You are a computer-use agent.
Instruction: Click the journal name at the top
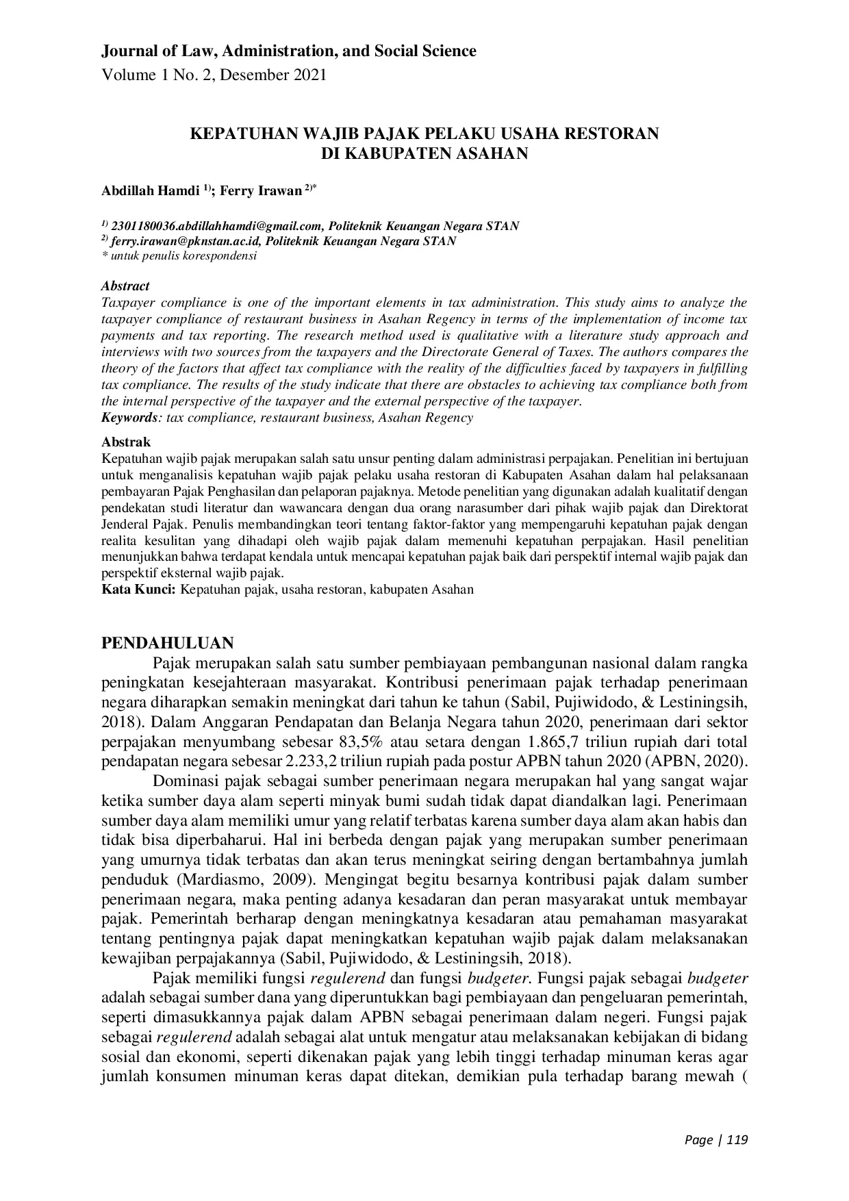288,51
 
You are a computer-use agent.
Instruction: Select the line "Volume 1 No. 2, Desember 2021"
214,75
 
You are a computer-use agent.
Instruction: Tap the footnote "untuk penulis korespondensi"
183,256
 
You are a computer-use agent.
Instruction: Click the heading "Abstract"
125,286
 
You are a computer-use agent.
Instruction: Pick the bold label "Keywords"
129,418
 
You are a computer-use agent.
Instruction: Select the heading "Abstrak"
125,442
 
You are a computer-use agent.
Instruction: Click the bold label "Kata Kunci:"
138,589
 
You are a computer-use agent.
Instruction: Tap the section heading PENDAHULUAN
168,642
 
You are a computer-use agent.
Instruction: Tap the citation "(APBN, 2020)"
700,761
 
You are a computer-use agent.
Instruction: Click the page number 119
737,1140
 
